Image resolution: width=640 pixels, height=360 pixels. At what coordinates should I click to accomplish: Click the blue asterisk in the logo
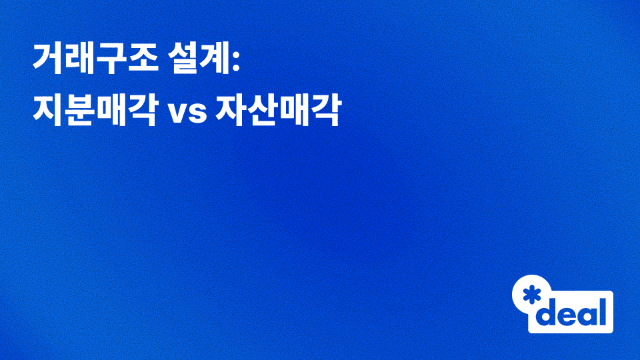pos(531,295)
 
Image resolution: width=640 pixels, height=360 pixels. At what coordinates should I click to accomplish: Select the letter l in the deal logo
pos(603,310)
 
